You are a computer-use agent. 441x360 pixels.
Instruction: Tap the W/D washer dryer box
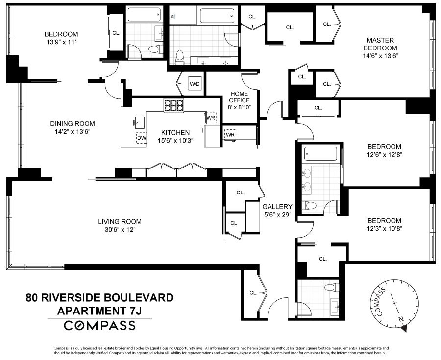pos(195,84)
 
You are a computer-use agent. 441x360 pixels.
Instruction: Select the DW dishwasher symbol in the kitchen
pos(142,138)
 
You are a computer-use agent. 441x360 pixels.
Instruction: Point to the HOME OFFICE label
pos(239,96)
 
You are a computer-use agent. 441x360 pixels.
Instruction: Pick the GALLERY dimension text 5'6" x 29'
pos(277,214)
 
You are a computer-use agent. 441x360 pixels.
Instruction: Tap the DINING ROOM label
pos(73,124)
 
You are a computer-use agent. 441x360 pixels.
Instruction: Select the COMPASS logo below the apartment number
pos(100,325)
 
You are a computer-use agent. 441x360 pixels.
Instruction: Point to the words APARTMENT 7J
pos(99,310)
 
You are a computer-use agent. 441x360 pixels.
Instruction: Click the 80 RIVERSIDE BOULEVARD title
pos(99,297)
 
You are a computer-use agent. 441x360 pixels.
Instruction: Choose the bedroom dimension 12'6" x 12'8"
pos(385,154)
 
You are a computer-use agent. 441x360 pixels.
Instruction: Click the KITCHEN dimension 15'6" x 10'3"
pos(176,140)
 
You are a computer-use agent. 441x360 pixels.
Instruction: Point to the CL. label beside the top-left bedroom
pos(116,33)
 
